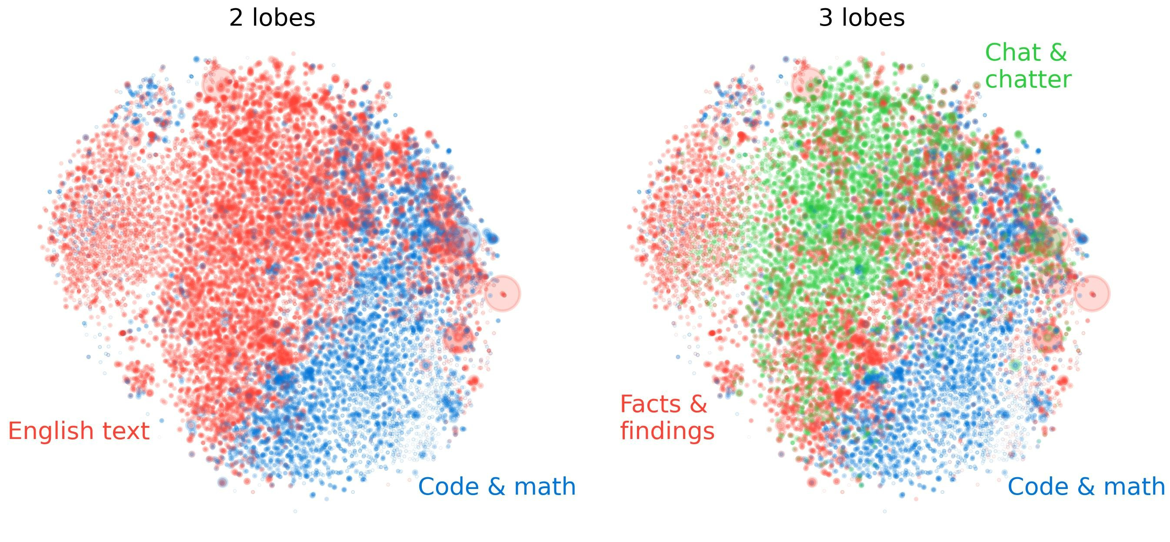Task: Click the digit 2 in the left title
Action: pos(236,18)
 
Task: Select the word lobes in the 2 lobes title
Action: pos(283,18)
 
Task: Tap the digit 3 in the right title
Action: pos(825,18)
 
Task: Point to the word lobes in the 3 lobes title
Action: pos(873,18)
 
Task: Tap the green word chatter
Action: pos(1028,80)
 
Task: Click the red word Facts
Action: pos(649,404)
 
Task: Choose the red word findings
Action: pos(667,431)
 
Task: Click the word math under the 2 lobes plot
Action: pos(545,487)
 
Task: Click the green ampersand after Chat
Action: pos(1058,53)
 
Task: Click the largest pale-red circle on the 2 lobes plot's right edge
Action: pos(502,293)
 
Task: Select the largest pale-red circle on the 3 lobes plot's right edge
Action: pos(1092,293)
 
